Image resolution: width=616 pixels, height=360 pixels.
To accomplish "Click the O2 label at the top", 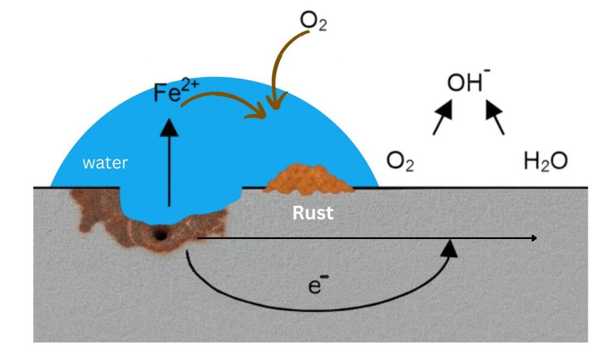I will (x=313, y=22).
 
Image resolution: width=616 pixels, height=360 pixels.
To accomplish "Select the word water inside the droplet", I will (x=105, y=163).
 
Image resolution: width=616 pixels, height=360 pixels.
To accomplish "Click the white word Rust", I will (x=313, y=213).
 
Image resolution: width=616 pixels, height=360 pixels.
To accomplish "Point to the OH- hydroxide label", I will (x=468, y=82).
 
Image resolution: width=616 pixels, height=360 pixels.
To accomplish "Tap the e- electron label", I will (x=315, y=285).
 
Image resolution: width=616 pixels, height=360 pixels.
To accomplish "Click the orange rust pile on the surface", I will (x=308, y=179).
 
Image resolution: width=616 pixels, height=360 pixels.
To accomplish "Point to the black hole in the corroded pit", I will (x=160, y=235).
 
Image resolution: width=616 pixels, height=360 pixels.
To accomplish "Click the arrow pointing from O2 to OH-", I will (x=442, y=117).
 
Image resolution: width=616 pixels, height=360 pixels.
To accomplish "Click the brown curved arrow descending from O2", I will (x=282, y=66).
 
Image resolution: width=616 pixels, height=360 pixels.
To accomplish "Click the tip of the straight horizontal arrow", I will (x=534, y=238).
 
